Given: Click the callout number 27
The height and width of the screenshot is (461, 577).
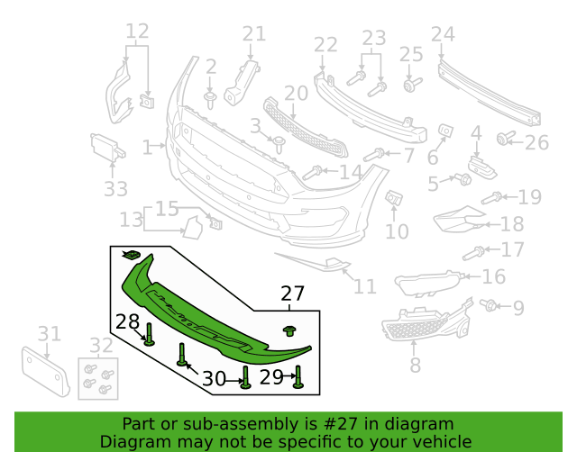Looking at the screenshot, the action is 292,294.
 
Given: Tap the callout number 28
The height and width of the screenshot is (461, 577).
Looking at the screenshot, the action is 127,321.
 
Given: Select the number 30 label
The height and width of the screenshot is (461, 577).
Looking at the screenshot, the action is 215,378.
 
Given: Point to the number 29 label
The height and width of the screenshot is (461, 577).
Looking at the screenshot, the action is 271,377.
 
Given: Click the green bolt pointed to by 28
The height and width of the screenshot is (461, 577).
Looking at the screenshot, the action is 149,334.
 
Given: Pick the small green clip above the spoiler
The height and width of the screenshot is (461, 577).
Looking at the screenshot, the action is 131,255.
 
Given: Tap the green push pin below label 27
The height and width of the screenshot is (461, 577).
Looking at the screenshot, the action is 290,330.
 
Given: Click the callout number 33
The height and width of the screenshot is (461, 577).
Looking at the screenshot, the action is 115,189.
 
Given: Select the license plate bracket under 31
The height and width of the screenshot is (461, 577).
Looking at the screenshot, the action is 46,371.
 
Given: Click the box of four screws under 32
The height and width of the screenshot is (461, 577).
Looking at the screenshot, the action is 98,379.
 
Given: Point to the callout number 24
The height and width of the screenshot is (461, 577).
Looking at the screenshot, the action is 443,34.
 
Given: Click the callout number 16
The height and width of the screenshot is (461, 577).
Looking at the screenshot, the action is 493,276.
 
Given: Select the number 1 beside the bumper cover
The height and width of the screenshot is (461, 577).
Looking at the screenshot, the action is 147,147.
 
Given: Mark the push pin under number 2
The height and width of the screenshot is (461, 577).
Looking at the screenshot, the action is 210,101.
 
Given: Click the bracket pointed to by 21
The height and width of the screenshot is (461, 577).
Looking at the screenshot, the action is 243,83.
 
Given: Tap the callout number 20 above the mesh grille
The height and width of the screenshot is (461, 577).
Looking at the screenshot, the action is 297,94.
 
